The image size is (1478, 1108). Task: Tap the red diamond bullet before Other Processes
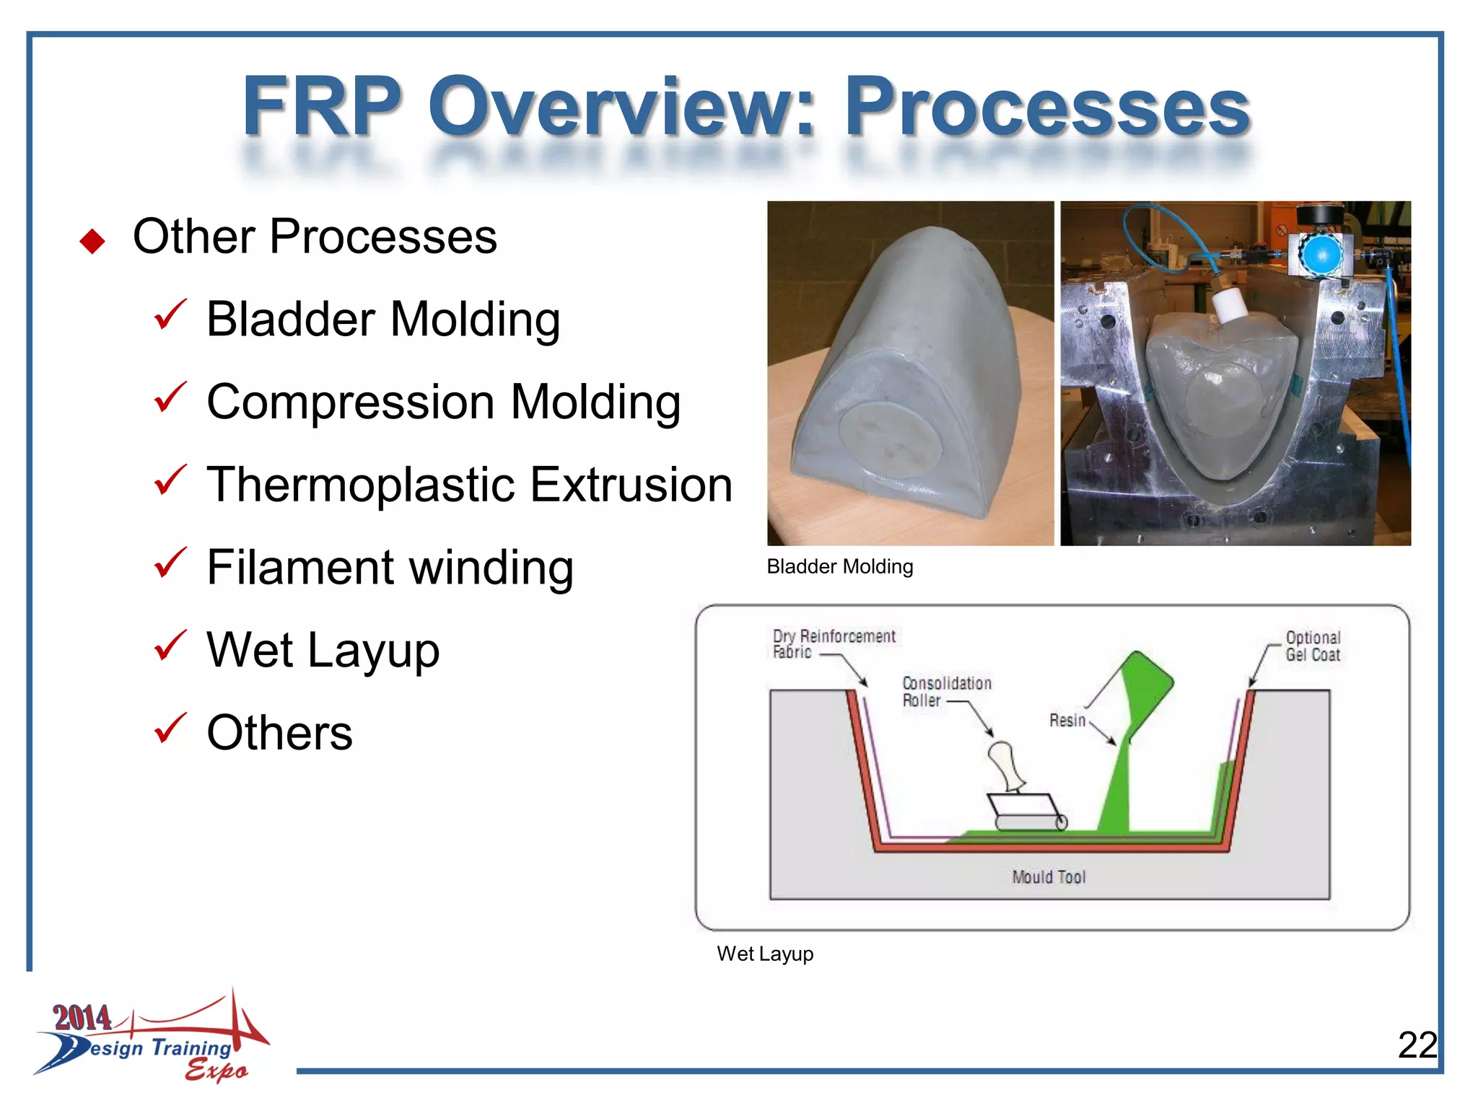(92, 241)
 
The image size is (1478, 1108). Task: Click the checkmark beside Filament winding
(170, 563)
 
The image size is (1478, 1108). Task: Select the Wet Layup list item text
(323, 650)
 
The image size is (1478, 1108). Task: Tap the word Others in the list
(279, 733)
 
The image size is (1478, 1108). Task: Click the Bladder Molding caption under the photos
(839, 567)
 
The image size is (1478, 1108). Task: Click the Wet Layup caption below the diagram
(764, 954)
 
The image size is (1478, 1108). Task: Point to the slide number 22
(1417, 1045)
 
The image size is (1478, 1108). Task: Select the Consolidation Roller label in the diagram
(946, 691)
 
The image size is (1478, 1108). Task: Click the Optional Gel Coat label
(1312, 646)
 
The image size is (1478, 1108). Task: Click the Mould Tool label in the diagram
(1048, 877)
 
